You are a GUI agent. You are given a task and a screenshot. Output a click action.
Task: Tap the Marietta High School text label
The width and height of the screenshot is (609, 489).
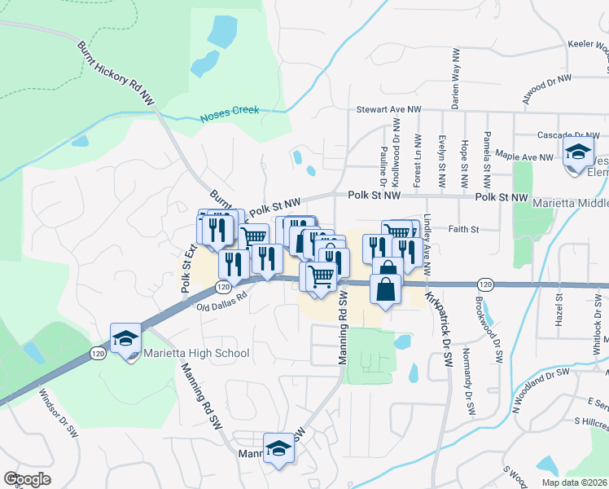(195, 354)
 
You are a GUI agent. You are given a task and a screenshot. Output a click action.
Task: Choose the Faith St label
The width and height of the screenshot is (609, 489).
(462, 230)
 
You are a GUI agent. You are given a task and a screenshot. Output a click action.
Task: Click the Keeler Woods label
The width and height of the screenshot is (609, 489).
(587, 45)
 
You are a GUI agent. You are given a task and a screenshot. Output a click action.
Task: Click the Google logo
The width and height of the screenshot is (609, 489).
(27, 478)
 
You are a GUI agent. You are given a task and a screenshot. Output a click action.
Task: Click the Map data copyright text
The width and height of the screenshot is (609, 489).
(575, 482)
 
